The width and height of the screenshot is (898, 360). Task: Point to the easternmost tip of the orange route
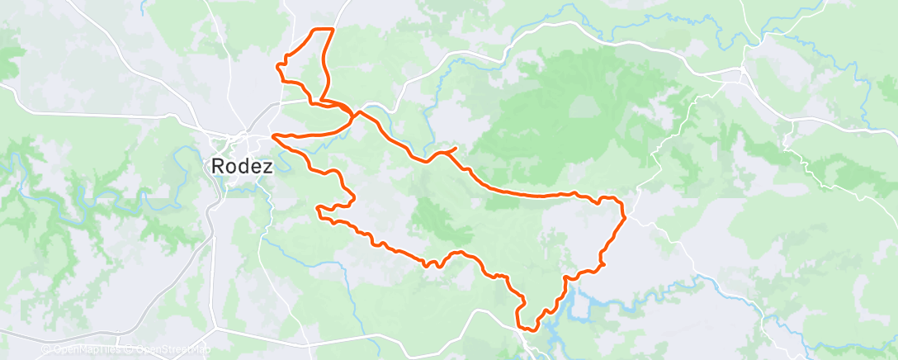(x=625, y=217)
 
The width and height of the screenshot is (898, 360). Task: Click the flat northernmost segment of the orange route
(x=322, y=30)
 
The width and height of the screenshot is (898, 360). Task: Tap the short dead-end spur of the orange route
(x=452, y=149)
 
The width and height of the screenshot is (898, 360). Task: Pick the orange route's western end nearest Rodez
(x=273, y=135)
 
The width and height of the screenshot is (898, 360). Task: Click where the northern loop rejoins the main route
(x=355, y=114)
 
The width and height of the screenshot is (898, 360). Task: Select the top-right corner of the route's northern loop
(x=333, y=30)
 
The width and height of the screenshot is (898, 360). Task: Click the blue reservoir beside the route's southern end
(x=578, y=306)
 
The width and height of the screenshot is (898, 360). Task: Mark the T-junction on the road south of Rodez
(x=216, y=329)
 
